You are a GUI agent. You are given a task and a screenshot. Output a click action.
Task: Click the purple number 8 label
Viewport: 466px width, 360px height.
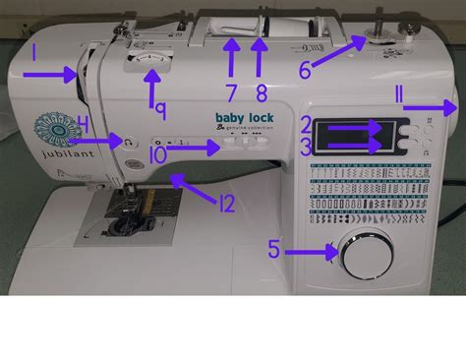pos(260,94)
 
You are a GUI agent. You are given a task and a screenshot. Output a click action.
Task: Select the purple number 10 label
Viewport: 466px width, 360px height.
pos(157,153)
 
